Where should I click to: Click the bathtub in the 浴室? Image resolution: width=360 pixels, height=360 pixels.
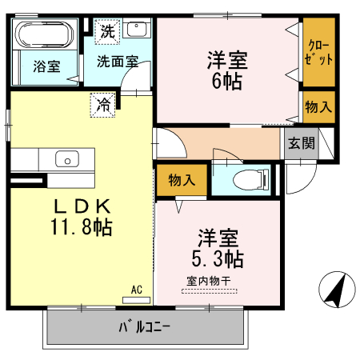45,37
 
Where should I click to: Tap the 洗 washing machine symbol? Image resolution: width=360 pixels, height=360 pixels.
106,33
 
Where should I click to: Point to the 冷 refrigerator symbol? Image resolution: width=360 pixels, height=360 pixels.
103,102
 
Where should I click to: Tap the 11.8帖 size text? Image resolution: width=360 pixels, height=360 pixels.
79,226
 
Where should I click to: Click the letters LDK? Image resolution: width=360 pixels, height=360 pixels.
79,203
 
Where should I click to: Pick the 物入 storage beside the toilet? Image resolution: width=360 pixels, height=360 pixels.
182,180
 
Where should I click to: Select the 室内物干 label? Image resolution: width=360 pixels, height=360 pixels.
208,281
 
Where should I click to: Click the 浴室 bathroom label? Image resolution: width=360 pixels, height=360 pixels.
45,67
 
